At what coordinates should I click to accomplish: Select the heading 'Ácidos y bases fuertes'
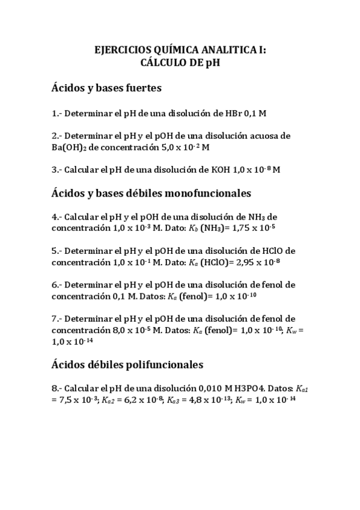[x=106, y=88]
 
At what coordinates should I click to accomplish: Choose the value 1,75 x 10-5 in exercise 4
[x=249, y=228]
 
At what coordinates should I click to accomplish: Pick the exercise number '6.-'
[x=58, y=284]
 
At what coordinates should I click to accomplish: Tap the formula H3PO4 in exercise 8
[x=246, y=388]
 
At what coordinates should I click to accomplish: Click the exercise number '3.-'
[x=58, y=170]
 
